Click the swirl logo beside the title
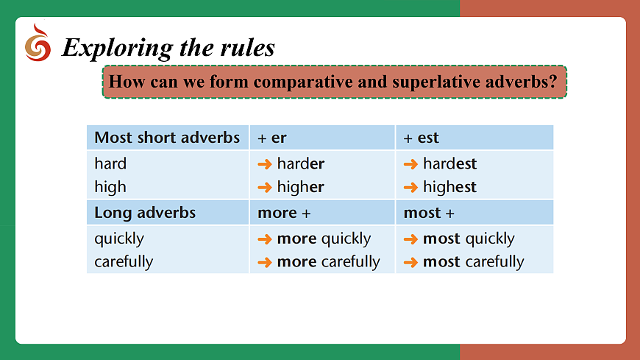pos(38,43)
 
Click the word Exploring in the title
pos(118,48)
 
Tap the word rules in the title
pos(248,47)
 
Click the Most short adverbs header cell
pos(167,137)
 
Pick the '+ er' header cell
pos(322,137)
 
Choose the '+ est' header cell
pos(474,137)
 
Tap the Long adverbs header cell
pos(167,213)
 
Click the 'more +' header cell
pos(322,213)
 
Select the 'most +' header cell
pos(474,213)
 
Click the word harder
pos(301,163)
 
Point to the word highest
pos(449,187)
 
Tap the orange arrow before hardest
pos(410,164)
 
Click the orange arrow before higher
pos(265,188)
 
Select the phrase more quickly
pos(324,239)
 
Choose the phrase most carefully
pos(474,262)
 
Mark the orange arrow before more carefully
pos(265,262)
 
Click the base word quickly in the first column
pos(119,239)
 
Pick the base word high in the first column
pos(110,187)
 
